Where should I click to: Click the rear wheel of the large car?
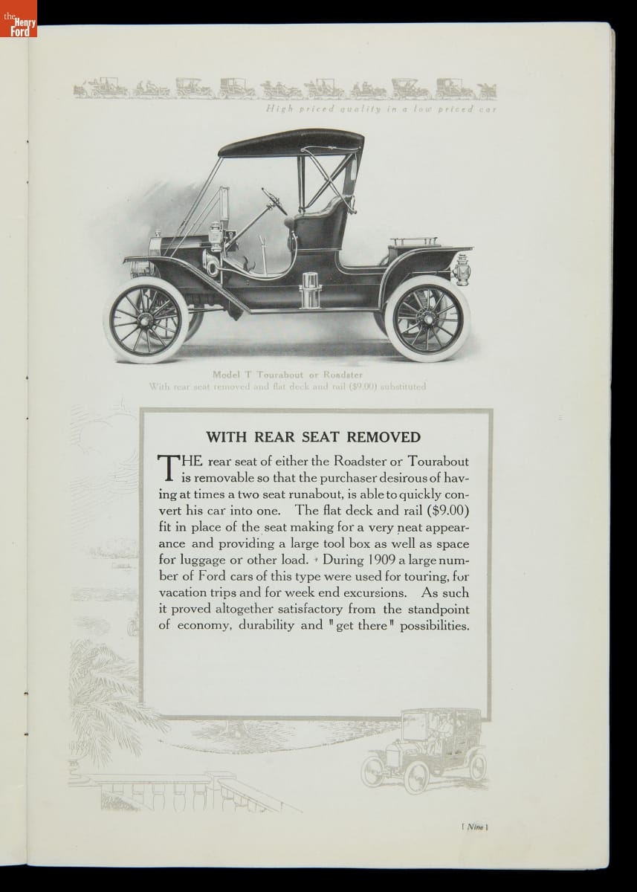[427, 318]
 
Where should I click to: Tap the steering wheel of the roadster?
[273, 200]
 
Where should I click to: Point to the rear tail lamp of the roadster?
[462, 269]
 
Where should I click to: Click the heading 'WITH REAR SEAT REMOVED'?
[313, 437]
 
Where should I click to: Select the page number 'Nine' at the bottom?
[473, 827]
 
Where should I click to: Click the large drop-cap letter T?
[168, 468]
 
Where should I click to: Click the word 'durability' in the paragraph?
[271, 625]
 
